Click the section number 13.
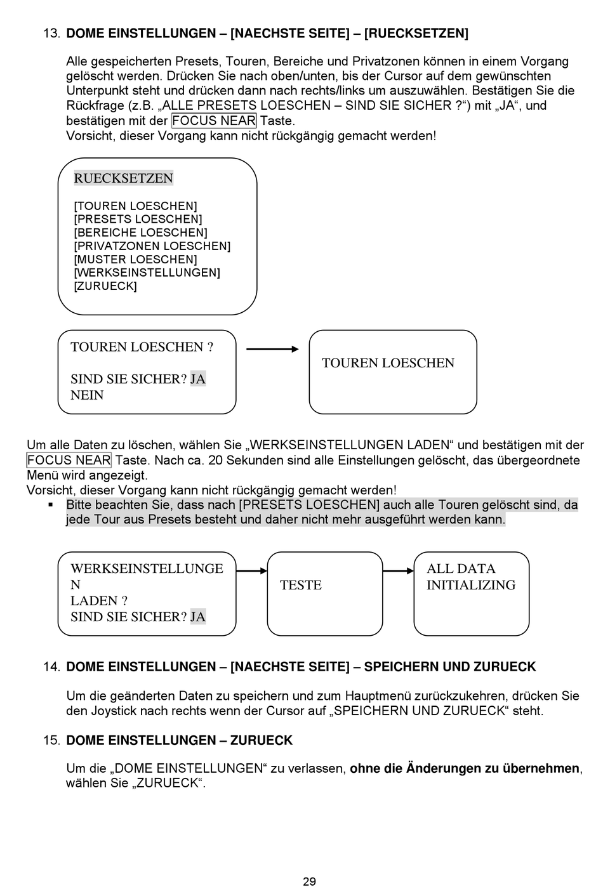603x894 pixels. (51, 34)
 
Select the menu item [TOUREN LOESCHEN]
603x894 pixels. (135, 206)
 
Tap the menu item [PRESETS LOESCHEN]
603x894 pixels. (138, 220)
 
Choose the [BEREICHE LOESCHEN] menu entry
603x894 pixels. (140, 233)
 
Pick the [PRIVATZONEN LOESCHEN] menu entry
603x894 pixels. (152, 246)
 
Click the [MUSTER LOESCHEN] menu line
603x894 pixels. (135, 260)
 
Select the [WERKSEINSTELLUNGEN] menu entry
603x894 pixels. (147, 273)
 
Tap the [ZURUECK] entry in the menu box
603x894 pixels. (105, 286)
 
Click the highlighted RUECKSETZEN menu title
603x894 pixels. (123, 178)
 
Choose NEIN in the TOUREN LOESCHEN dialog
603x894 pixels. (87, 395)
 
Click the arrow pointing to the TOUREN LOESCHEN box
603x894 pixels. (272, 349)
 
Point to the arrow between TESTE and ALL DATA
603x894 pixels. (398, 571)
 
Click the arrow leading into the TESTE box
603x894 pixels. (252, 571)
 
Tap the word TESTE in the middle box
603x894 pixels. (301, 585)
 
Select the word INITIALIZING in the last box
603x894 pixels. (471, 585)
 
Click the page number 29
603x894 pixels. (309, 881)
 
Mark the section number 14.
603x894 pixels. (51, 667)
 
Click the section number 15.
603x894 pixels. (51, 740)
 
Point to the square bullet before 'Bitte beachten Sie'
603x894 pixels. (50, 505)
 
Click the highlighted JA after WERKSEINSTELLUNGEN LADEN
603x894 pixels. (198, 617)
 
